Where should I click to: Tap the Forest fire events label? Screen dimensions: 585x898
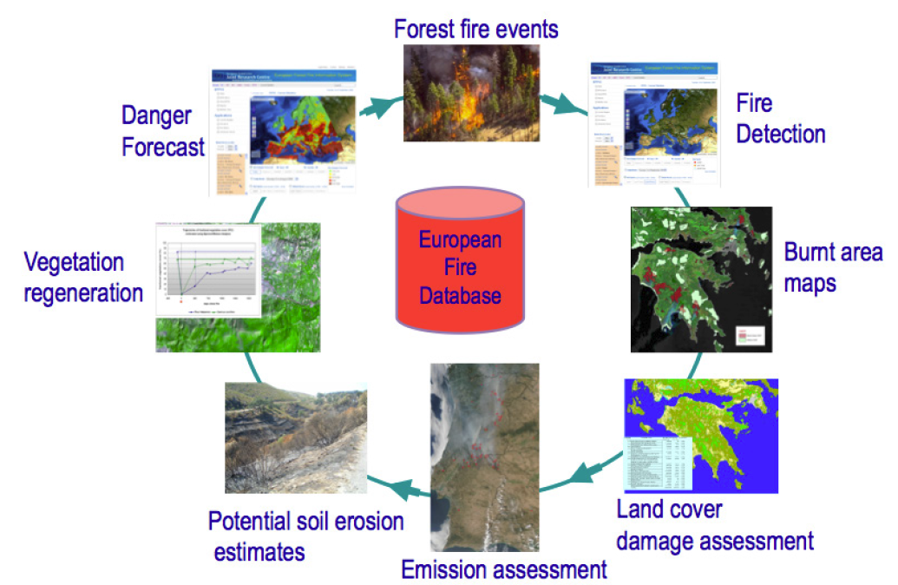[x=475, y=28]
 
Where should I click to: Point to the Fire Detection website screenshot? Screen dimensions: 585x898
[x=655, y=124]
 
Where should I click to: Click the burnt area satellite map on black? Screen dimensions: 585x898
[x=701, y=279]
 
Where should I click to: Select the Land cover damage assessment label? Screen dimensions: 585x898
[x=714, y=525]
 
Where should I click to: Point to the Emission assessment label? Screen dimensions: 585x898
[x=503, y=569]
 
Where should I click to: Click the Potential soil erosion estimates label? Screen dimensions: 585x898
[x=305, y=536]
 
